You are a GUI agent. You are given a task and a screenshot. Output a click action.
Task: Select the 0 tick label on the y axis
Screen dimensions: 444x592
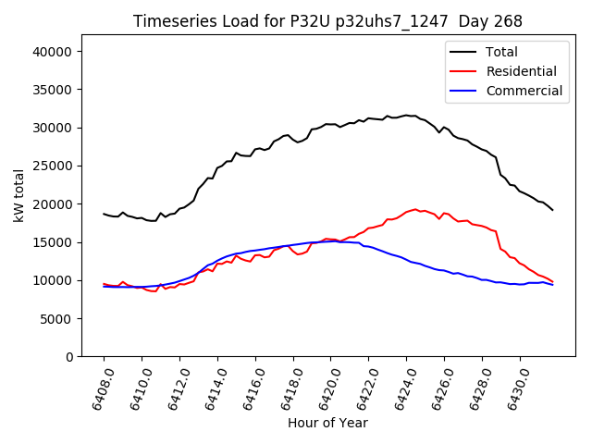click(68, 356)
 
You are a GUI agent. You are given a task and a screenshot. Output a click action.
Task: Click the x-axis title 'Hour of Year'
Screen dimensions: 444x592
click(327, 423)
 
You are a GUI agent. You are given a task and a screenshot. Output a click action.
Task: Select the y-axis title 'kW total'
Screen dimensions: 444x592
click(18, 195)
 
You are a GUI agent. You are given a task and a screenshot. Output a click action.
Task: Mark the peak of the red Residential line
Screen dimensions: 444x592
click(415, 210)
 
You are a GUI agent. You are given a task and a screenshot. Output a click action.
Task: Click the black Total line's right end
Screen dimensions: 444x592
click(552, 210)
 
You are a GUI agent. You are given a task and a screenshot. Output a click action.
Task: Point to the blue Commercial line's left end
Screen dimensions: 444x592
click(104, 287)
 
